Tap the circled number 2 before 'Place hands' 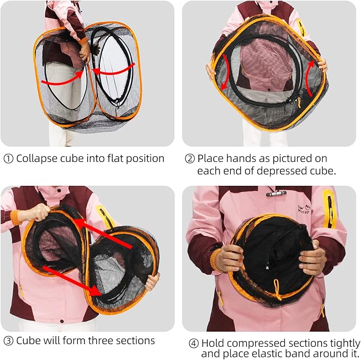pos(190,159)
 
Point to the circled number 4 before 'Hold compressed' pos(194,344)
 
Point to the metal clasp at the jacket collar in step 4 pos(276,193)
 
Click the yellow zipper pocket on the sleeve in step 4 pos(329,208)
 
